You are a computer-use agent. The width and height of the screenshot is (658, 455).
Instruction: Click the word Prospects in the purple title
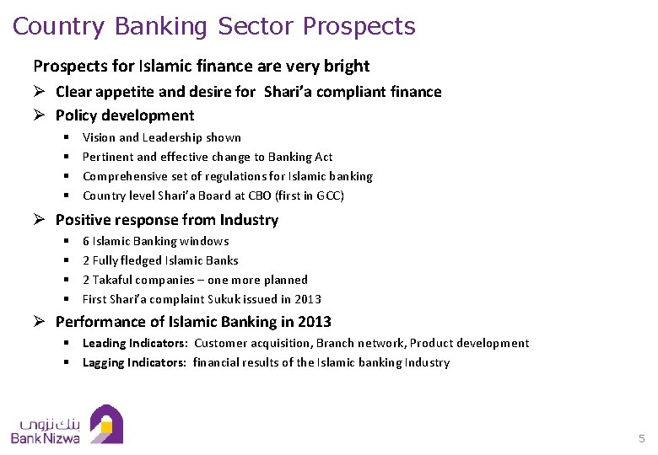tap(359, 26)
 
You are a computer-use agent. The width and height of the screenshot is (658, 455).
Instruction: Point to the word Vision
tap(99, 137)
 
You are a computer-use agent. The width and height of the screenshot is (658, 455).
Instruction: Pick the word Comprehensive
tap(127, 176)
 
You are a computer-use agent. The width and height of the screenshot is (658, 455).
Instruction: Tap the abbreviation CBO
tap(262, 195)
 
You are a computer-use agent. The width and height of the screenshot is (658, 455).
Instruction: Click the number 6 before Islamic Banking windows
tap(86, 241)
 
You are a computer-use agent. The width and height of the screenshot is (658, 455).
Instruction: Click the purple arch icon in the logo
tap(106, 424)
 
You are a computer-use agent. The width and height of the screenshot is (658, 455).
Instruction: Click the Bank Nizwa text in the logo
tap(46, 438)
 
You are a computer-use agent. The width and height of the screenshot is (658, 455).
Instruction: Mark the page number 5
tap(642, 439)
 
